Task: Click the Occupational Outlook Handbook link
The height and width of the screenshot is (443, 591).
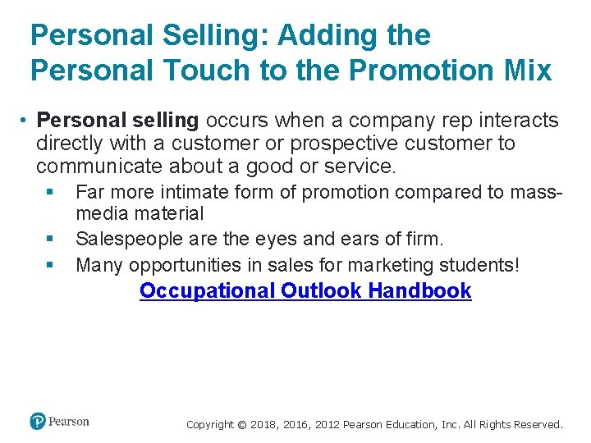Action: pos(305,290)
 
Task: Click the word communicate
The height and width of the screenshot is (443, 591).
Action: pos(100,167)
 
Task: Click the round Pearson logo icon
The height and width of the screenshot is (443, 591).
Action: pos(38,422)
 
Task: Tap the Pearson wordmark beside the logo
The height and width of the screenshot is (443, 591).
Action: pos(69,422)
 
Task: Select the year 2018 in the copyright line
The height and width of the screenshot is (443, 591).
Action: pos(262,425)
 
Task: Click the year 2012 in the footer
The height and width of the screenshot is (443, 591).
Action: pos(323,425)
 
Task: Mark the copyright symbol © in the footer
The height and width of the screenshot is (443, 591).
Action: pos(241,425)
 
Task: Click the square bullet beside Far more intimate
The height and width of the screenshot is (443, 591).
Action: pos(49,193)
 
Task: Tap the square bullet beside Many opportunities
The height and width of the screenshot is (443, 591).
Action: pos(49,265)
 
